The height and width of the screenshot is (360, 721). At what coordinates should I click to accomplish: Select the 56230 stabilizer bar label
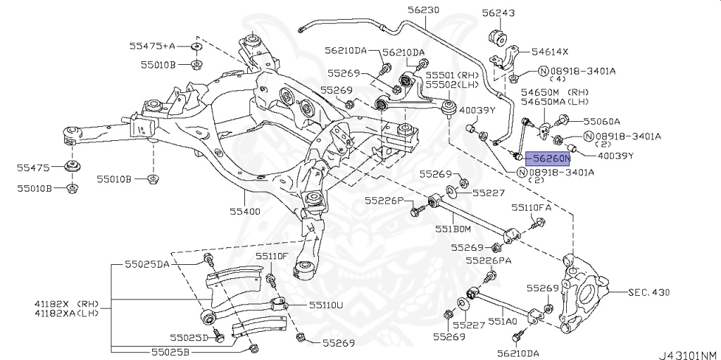click(x=422, y=10)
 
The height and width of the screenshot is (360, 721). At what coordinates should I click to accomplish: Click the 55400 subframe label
click(x=244, y=211)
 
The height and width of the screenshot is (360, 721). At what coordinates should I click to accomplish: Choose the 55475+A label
click(x=152, y=46)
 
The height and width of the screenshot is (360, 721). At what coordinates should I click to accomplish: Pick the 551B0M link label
click(x=453, y=229)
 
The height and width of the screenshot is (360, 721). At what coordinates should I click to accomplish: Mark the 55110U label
click(x=325, y=305)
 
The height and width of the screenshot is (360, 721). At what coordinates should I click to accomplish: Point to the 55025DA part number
click(x=147, y=263)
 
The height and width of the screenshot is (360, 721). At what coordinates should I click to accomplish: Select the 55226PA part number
click(x=491, y=260)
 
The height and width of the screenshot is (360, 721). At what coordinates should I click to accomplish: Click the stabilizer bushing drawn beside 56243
click(x=497, y=36)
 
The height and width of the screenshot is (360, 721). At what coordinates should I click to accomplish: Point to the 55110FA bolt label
click(x=532, y=208)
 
